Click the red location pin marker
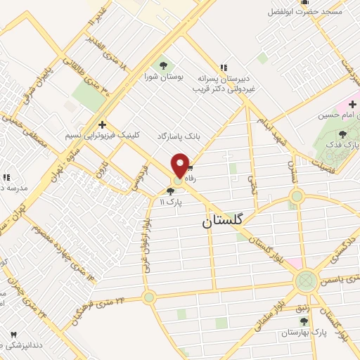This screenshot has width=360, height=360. (x=181, y=165)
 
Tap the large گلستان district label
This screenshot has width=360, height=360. (x=226, y=219)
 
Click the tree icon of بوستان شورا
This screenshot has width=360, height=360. (x=164, y=65)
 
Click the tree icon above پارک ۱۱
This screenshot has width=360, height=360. (x=170, y=191)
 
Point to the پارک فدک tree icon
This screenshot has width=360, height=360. (x=342, y=134)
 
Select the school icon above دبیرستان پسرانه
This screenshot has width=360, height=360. (x=224, y=68)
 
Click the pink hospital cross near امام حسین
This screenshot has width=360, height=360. (x=352, y=105)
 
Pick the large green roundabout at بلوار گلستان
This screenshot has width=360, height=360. (x=306, y=281)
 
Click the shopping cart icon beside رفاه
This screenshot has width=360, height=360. (x=190, y=169)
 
